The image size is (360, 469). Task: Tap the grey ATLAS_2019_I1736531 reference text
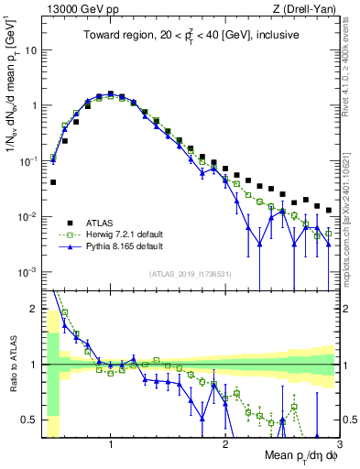(191, 274)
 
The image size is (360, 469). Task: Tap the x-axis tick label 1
(111, 445)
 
